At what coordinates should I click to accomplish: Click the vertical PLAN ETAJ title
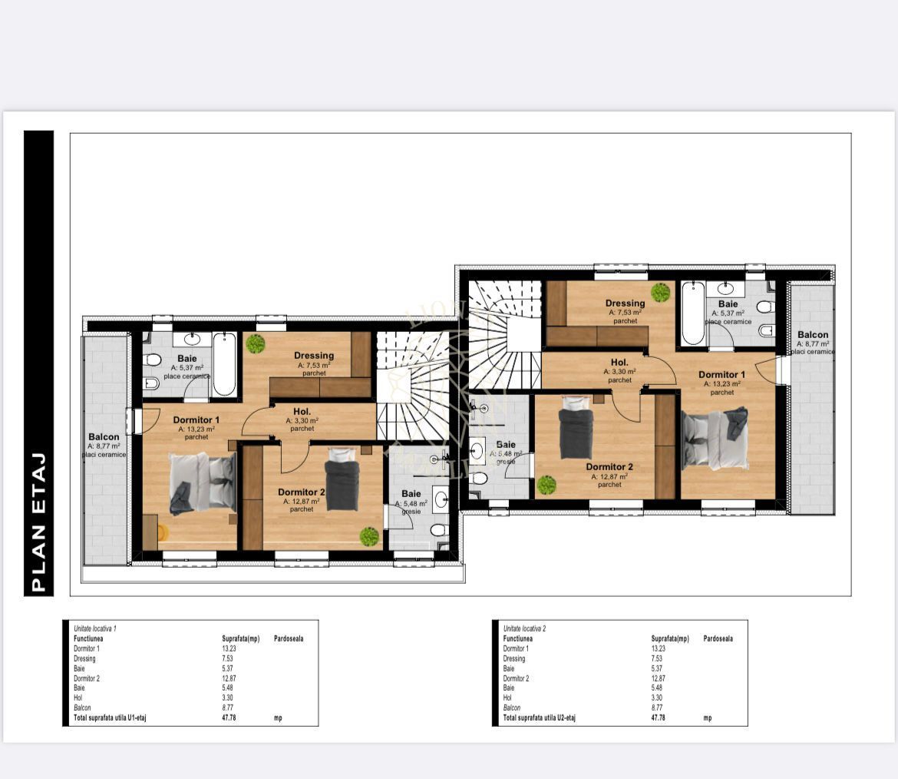click(x=39, y=523)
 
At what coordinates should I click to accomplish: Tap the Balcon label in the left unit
click(x=104, y=436)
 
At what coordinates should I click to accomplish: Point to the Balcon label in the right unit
click(x=812, y=334)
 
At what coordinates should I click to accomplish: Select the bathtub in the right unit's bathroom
click(x=693, y=313)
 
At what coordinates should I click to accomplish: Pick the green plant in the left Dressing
click(x=256, y=343)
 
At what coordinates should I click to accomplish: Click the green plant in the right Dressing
click(x=660, y=292)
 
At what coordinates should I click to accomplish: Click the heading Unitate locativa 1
click(x=94, y=628)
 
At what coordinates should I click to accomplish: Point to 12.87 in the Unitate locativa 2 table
click(x=659, y=678)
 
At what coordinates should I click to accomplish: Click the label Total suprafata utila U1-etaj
click(x=109, y=718)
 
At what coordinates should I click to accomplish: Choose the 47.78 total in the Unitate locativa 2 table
click(x=659, y=718)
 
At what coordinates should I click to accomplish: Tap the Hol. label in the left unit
click(x=302, y=411)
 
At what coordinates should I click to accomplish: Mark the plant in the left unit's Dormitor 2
click(x=369, y=536)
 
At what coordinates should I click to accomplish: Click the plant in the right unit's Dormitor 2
click(x=546, y=485)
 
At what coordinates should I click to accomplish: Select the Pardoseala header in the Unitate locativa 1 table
click(x=289, y=638)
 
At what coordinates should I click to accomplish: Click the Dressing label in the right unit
click(x=625, y=303)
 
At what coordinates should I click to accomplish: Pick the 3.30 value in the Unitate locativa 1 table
click(x=229, y=698)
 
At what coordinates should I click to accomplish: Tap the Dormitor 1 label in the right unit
click(x=721, y=375)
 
